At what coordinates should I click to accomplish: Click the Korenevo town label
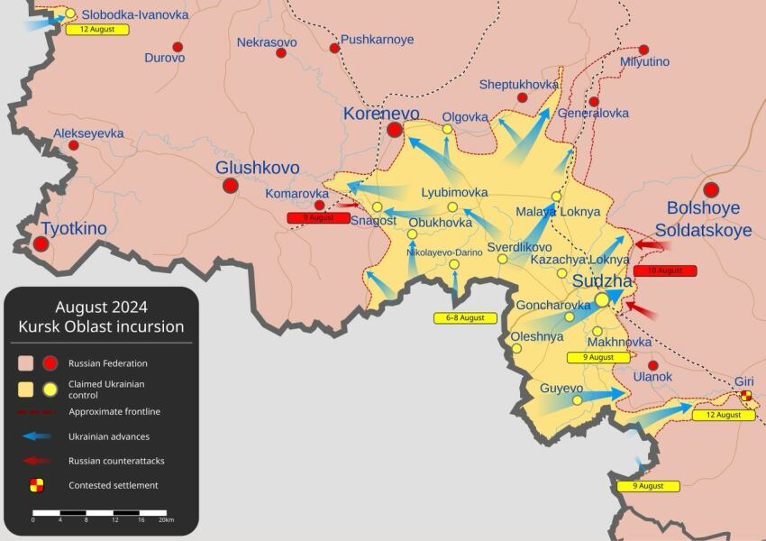pos(381,115)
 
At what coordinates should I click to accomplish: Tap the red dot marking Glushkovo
pos(230,186)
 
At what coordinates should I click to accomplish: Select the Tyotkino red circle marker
pos(41,243)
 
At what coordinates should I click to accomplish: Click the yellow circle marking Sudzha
pos(602,300)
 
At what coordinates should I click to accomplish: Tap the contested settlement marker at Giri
pos(745,396)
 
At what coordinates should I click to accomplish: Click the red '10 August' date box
pos(665,270)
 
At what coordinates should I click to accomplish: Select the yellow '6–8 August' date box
pos(465,317)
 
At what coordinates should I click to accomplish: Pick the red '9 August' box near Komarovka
pos(318,218)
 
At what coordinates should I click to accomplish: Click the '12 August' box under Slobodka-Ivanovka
pos(97,29)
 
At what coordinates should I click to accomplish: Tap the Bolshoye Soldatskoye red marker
pos(711,189)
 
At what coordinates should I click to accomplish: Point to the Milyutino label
pos(645,61)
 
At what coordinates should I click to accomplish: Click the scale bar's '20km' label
pos(165,520)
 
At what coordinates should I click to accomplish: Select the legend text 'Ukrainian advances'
pos(109,436)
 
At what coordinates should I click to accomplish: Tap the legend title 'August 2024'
pos(101,307)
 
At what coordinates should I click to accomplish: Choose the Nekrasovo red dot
pos(281,53)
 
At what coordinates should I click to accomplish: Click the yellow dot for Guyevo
pos(578,400)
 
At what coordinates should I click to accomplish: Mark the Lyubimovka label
pos(454,193)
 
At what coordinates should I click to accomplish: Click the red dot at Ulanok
pos(653,364)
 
